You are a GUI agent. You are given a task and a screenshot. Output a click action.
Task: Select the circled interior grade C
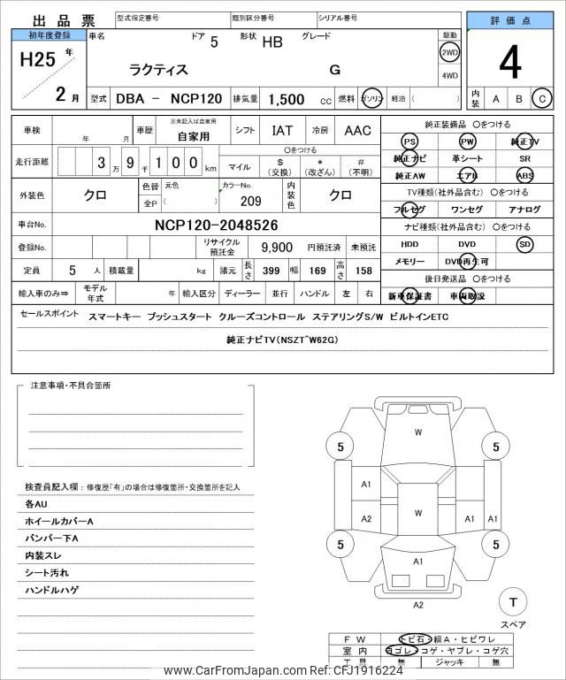point(542,99)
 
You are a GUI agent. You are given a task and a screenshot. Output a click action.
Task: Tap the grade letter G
point(334,70)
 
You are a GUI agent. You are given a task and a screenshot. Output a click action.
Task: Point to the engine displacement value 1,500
point(287,100)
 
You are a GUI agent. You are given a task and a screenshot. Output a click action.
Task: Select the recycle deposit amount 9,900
point(277,247)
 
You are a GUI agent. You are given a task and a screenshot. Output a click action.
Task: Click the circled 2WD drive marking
point(449,53)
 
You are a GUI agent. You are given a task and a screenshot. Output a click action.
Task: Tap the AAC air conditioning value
point(357,131)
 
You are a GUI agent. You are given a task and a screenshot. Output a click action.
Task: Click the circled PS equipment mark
point(409,141)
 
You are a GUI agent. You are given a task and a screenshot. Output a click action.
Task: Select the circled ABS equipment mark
point(525,175)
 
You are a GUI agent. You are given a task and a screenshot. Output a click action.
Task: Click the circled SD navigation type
point(524,243)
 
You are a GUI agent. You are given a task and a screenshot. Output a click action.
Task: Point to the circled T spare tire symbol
point(510,602)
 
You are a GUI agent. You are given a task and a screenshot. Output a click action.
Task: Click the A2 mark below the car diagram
point(418,605)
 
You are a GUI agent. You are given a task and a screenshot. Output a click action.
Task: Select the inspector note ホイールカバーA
point(59,521)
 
